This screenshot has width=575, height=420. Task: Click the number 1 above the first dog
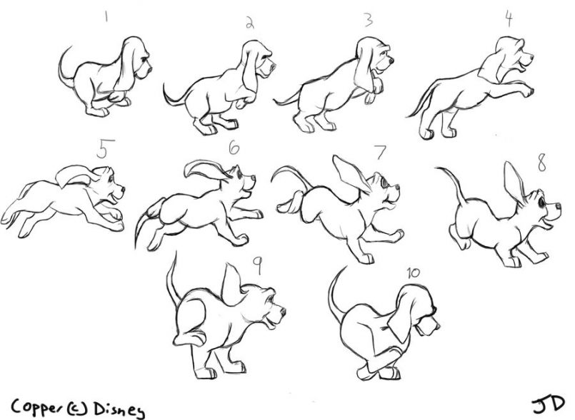coord(105,16)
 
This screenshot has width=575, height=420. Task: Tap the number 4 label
coord(508,19)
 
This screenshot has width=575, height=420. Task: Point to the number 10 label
coord(412,273)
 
